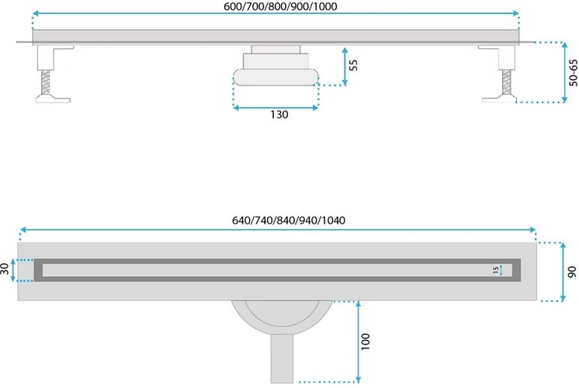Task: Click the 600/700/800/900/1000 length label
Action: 280,6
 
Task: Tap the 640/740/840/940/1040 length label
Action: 289,220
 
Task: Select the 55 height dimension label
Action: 353,65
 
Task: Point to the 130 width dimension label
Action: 279,114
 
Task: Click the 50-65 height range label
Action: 573,73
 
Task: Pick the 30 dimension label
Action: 5,268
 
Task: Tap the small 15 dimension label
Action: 495,270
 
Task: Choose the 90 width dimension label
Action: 571,272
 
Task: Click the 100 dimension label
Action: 365,341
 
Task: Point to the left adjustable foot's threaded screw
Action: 46,82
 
